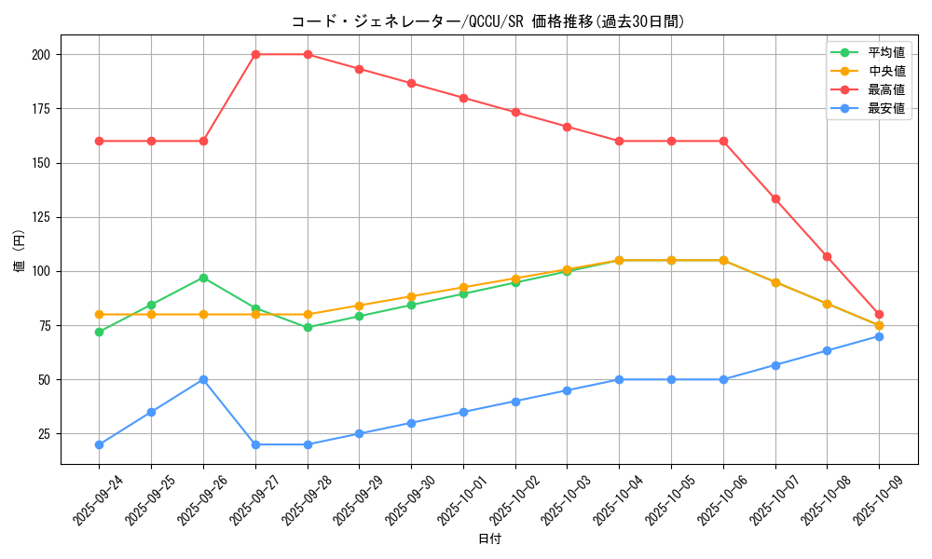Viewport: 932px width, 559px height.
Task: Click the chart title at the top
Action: coord(488,21)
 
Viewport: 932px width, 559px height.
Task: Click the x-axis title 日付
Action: coord(489,539)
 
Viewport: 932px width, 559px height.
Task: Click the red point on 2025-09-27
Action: coord(255,54)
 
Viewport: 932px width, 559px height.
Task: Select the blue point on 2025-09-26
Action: coord(203,379)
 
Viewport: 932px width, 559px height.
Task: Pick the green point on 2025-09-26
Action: coord(203,278)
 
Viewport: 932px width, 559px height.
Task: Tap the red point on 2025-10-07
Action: coord(775,198)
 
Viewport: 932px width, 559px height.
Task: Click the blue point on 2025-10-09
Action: coord(879,336)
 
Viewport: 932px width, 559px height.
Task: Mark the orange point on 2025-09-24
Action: coord(99,314)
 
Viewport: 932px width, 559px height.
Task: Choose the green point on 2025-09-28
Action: coord(308,327)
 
